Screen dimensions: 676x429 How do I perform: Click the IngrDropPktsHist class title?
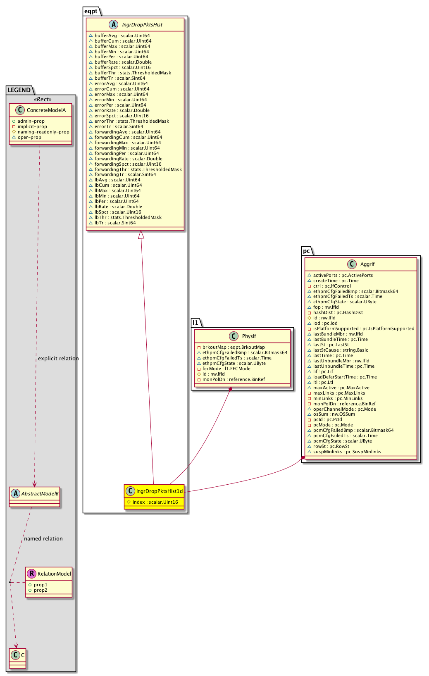142,25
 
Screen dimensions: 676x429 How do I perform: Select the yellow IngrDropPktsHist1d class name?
159,491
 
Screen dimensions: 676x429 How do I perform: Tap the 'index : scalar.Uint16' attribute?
155,502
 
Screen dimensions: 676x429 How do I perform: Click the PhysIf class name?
249,336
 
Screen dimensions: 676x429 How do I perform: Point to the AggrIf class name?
367,264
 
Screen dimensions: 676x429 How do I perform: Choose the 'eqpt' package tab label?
91,11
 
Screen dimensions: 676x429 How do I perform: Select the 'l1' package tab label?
195,322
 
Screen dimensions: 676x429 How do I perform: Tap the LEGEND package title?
19,90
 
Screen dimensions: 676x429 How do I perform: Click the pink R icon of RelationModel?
31,574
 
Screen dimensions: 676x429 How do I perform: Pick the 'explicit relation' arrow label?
58,359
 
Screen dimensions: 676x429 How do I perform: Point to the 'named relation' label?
43,539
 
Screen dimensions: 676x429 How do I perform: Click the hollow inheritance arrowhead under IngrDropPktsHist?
141,235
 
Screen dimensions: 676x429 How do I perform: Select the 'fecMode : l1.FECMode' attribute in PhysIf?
226,369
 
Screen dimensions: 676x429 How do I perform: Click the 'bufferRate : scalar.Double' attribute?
123,62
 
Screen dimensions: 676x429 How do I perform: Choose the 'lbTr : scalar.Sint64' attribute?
115,223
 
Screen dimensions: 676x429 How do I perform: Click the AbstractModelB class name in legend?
40,494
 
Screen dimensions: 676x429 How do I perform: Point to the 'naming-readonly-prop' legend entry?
43,132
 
